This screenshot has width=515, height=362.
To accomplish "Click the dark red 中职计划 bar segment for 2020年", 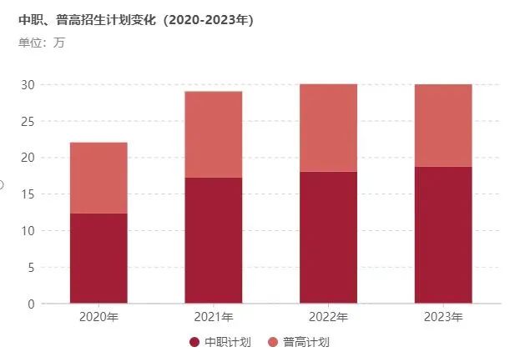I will [x=98, y=258].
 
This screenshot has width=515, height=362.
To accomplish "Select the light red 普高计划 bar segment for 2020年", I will [x=98, y=178].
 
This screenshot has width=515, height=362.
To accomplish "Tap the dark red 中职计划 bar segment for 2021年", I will [x=213, y=240].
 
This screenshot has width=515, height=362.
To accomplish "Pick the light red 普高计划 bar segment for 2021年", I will [x=213, y=133].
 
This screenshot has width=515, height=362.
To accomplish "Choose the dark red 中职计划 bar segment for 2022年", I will [x=328, y=237].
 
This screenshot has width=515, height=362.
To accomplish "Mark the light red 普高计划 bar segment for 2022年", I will [x=328, y=128].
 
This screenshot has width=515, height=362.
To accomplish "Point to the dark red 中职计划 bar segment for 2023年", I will [x=443, y=234].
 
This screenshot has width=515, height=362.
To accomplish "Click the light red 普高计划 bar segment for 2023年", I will [x=443, y=125].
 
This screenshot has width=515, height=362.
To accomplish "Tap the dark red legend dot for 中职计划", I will [x=194, y=342].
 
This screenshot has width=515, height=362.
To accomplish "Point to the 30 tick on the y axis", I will [x=28, y=84].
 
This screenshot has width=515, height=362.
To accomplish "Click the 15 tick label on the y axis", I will [x=28, y=194].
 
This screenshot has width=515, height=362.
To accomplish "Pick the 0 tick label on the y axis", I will [x=31, y=304].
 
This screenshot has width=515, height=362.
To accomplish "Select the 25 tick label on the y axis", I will [x=28, y=121].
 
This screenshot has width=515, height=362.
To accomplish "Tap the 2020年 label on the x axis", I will [x=98, y=317].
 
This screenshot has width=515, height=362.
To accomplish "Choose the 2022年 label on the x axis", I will [x=328, y=317].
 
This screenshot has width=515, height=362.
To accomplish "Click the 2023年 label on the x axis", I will [x=443, y=317].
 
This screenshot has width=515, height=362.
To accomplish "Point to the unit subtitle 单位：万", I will [x=41, y=43].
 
